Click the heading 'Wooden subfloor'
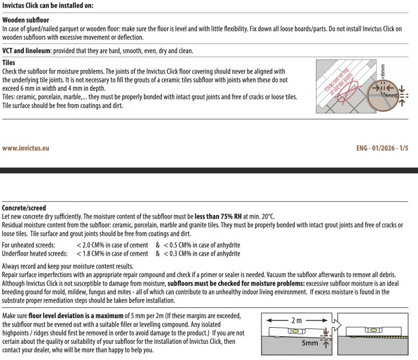(26, 20)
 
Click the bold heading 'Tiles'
(8, 63)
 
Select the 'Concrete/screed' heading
(24, 208)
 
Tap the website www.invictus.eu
(26, 148)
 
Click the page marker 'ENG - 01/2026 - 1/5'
(382, 148)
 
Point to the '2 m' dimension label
(296, 320)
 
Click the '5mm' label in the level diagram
(310, 343)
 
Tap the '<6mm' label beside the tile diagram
(383, 72)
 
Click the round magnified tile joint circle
(383, 96)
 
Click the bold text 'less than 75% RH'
(218, 216)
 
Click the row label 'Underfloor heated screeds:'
(35, 253)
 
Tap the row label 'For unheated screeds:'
(29, 245)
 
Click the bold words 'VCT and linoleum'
(26, 51)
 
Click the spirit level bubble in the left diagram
(296, 331)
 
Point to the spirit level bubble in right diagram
(373, 330)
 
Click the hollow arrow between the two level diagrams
(336, 325)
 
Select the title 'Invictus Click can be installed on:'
(48, 5)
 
